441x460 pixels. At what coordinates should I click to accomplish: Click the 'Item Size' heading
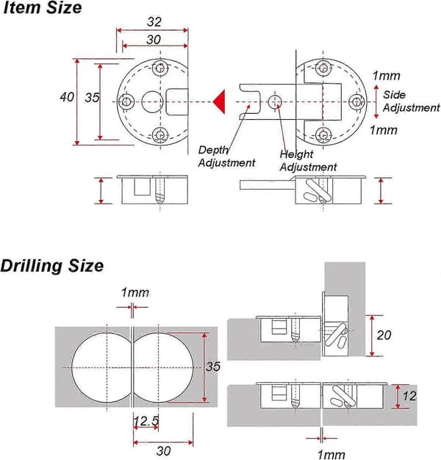42,7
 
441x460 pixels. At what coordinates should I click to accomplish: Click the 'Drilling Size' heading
52,266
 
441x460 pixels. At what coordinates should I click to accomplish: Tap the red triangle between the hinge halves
220,102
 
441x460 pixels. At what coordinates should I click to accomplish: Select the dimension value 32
154,22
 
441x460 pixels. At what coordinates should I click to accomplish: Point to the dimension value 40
67,97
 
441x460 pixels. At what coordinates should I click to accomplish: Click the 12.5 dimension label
146,421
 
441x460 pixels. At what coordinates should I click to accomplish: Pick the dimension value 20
384,335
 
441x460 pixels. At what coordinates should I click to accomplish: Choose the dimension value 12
409,396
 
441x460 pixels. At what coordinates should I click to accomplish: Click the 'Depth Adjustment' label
226,157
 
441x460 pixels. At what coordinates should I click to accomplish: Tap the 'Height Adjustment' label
308,160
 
